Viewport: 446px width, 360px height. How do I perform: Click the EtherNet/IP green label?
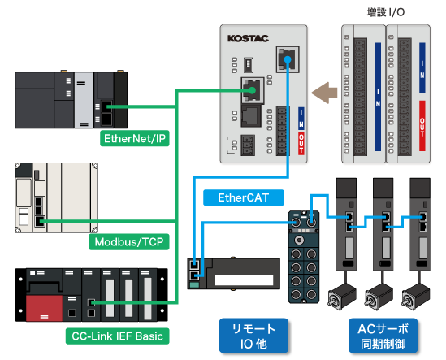(x=134, y=138)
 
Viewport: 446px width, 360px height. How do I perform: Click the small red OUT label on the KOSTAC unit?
(x=301, y=145)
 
